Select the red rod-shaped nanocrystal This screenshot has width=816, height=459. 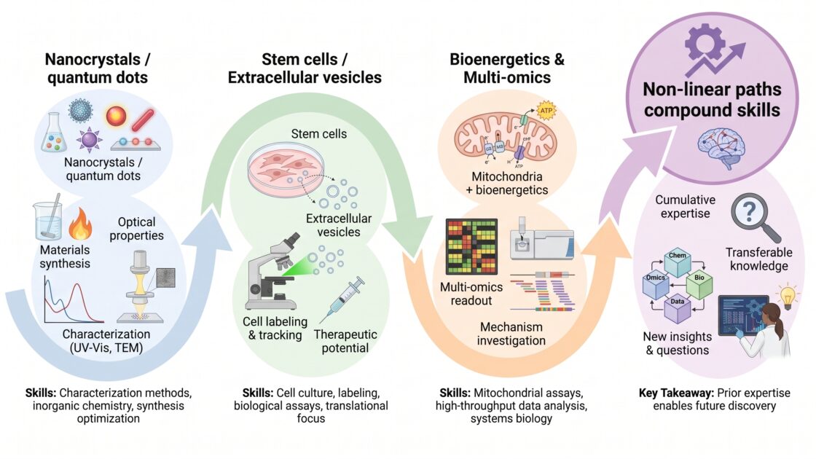pos(143,119)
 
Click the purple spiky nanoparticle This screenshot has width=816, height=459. pos(89,139)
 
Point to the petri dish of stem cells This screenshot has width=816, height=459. pos(285,170)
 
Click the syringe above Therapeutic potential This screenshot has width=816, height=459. pos(342,299)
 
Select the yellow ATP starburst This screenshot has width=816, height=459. pos(546,110)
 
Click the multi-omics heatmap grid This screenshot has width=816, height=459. pos(471,247)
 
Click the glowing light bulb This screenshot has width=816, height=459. pos(788,297)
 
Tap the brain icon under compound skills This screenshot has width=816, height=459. pos(721,148)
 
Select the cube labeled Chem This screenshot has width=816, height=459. pos(677,262)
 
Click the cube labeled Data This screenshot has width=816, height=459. pos(677,309)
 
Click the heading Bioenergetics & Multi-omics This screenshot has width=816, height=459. pos(507,68)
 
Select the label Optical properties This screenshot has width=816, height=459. pos(136,229)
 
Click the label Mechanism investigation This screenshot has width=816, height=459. pos(511,334)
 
